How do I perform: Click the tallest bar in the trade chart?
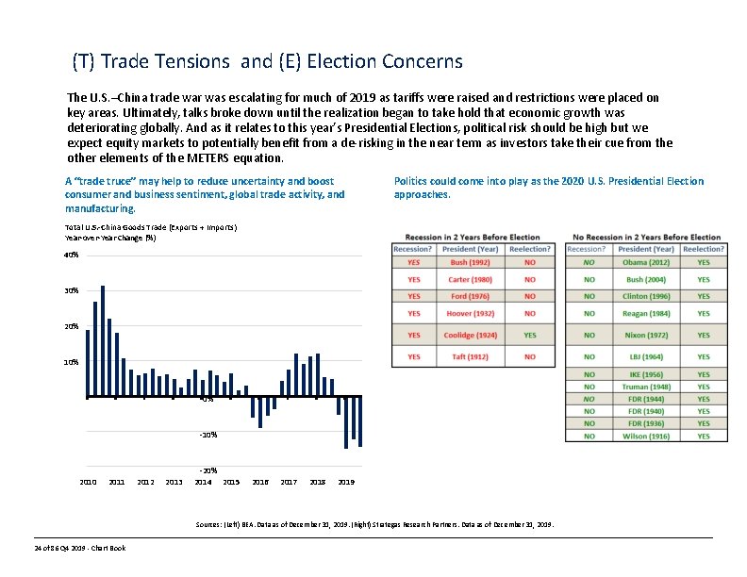click(x=103, y=339)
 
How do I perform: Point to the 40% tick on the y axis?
click(x=72, y=255)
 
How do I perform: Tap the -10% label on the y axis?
click(x=208, y=435)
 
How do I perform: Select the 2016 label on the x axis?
click(x=260, y=482)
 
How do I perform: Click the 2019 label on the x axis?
click(x=346, y=482)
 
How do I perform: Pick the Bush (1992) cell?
click(x=469, y=262)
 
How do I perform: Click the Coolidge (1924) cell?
click(x=469, y=335)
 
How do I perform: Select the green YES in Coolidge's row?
click(x=529, y=335)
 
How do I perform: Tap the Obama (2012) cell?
click(x=647, y=262)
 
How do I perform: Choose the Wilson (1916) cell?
click(x=647, y=436)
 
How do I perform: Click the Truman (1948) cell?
click(x=647, y=387)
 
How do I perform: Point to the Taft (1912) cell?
click(x=469, y=356)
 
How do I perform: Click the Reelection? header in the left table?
click(x=529, y=248)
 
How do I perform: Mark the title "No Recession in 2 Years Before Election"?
click(x=647, y=237)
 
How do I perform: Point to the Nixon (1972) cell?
click(x=647, y=335)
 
